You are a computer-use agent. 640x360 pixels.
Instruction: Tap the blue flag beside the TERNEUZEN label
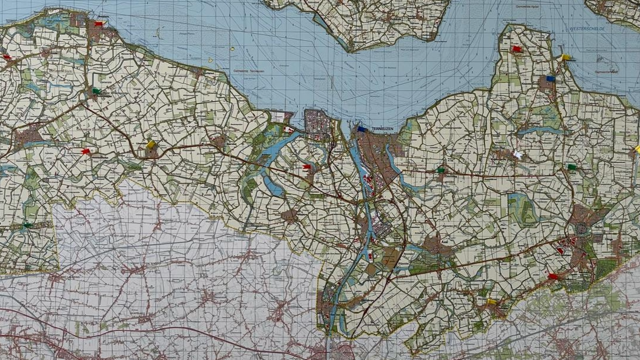362,129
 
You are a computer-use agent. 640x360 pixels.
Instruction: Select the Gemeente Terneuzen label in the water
248,70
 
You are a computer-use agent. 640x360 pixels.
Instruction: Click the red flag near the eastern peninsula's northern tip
517,49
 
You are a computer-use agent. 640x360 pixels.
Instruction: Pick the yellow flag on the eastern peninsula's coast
566,58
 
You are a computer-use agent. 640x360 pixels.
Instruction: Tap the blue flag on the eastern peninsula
550,79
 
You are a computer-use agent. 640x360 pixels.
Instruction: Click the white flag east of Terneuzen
518,155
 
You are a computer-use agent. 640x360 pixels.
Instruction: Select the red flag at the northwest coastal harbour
98,24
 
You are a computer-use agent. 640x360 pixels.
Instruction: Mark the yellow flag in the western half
151,144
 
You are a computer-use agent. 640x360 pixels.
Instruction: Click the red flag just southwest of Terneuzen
306,168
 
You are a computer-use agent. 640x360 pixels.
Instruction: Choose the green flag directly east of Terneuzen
440,170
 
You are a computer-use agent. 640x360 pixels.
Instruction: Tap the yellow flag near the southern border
492,302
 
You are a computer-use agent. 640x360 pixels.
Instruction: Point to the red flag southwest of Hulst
553,276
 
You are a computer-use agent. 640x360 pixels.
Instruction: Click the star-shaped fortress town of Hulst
581,229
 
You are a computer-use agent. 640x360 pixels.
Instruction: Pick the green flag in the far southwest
27,225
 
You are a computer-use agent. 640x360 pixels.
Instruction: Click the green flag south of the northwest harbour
96,92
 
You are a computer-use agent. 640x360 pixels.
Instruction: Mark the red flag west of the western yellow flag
86,152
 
